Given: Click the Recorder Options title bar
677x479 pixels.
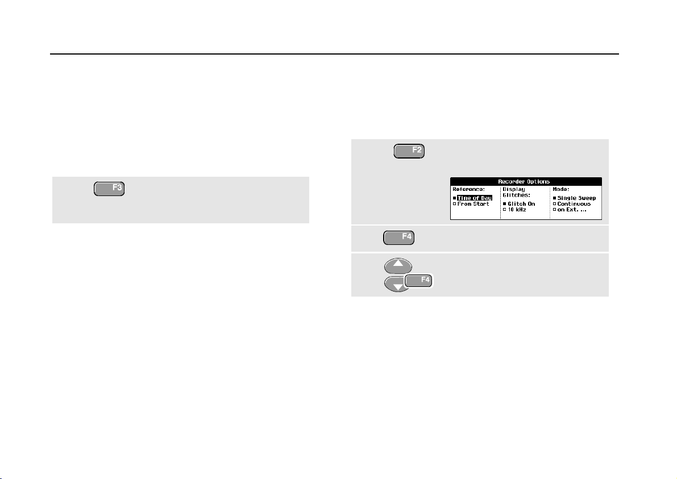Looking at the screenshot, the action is (x=526, y=182).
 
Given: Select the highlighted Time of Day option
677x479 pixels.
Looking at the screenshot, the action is (x=474, y=198).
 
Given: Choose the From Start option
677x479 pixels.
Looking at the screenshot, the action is (x=473, y=204).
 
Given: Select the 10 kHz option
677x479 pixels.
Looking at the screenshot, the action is (x=518, y=210).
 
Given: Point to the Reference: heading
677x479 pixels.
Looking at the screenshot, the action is (x=467, y=189).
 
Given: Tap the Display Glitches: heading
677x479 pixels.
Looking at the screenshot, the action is (x=515, y=192).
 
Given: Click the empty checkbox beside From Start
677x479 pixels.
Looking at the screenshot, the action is (x=454, y=204).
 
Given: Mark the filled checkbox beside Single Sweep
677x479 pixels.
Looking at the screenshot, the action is (x=554, y=198).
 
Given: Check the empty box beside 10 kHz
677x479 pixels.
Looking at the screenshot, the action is (x=504, y=210).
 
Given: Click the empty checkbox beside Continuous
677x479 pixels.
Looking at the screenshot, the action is (x=554, y=204).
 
